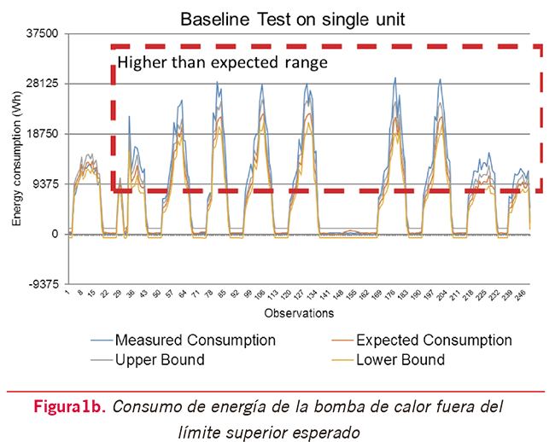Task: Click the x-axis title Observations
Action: (x=299, y=313)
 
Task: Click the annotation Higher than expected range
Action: (x=222, y=62)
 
